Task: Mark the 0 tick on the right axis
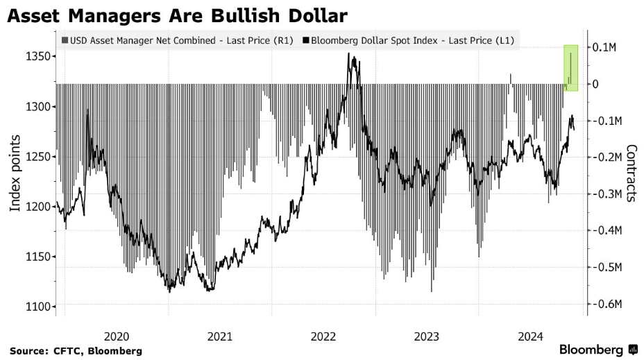tap(595, 84)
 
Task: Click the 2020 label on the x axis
tap(117, 336)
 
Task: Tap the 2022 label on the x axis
tap(323, 336)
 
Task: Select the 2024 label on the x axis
tap(530, 336)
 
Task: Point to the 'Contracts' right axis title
tap(632, 173)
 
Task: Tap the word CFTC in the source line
tap(67, 351)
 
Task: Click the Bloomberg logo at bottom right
tap(598, 350)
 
